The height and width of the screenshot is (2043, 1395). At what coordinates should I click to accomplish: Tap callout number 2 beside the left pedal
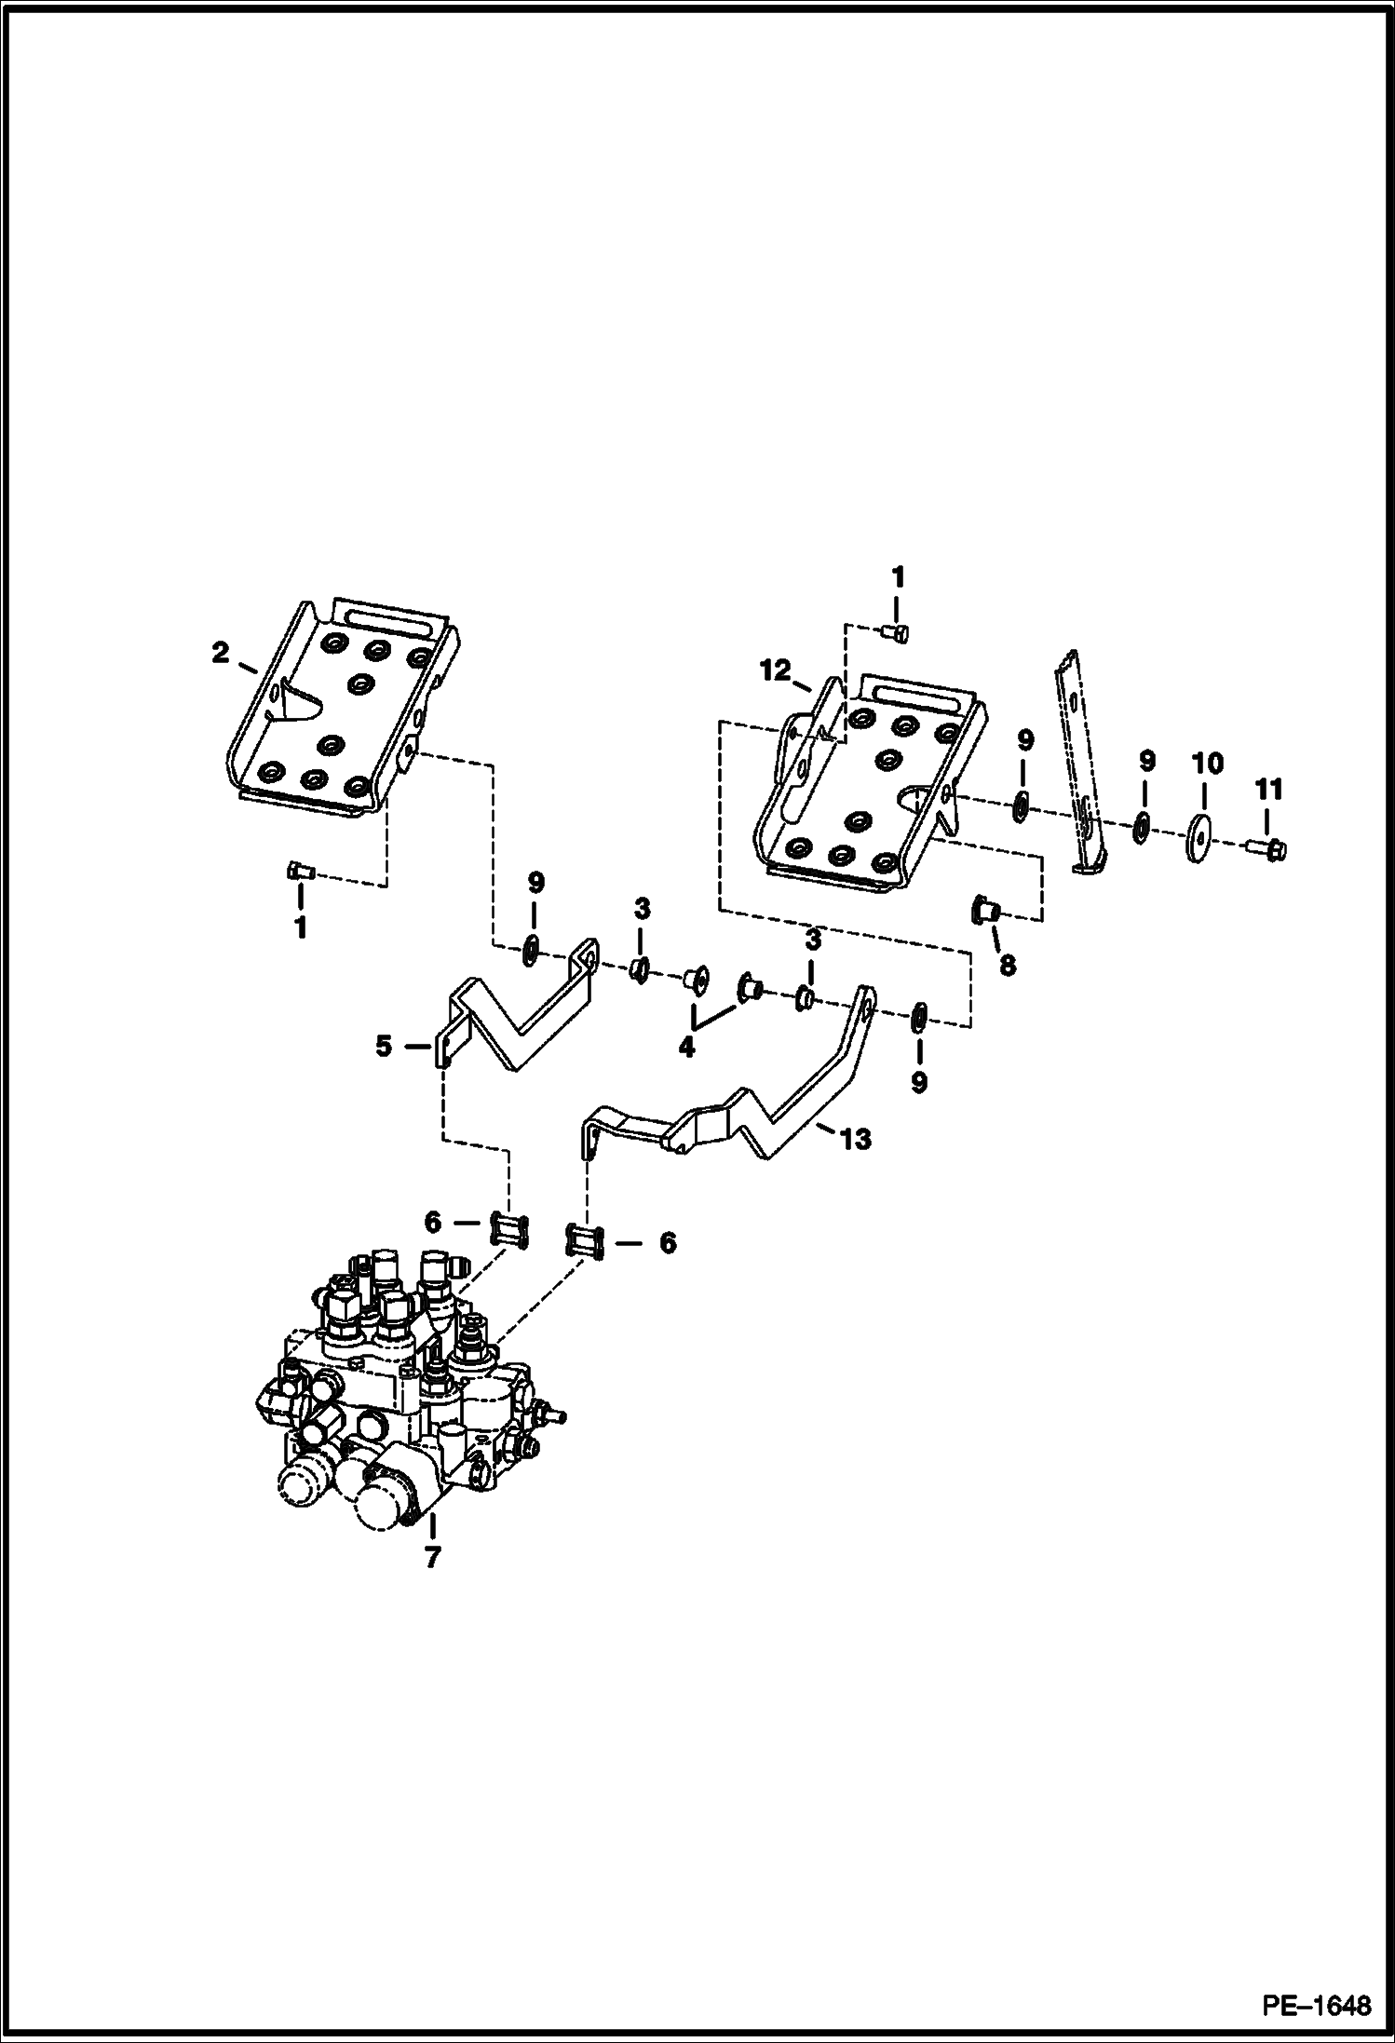tap(220, 653)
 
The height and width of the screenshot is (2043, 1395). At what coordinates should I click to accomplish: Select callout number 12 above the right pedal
tap(775, 670)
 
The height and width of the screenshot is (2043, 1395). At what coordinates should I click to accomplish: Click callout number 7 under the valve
tap(431, 1556)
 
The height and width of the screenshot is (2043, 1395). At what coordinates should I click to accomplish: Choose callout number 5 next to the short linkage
tap(384, 1046)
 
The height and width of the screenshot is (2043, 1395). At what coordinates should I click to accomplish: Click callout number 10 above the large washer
tap(1208, 764)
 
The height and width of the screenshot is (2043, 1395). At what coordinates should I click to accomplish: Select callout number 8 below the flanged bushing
tap(1008, 966)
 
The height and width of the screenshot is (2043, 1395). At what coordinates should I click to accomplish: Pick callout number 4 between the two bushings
tap(686, 1047)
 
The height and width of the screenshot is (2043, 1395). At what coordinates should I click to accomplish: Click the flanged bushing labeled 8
tap(983, 909)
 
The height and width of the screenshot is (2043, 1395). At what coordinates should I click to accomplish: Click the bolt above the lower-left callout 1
tap(299, 872)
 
